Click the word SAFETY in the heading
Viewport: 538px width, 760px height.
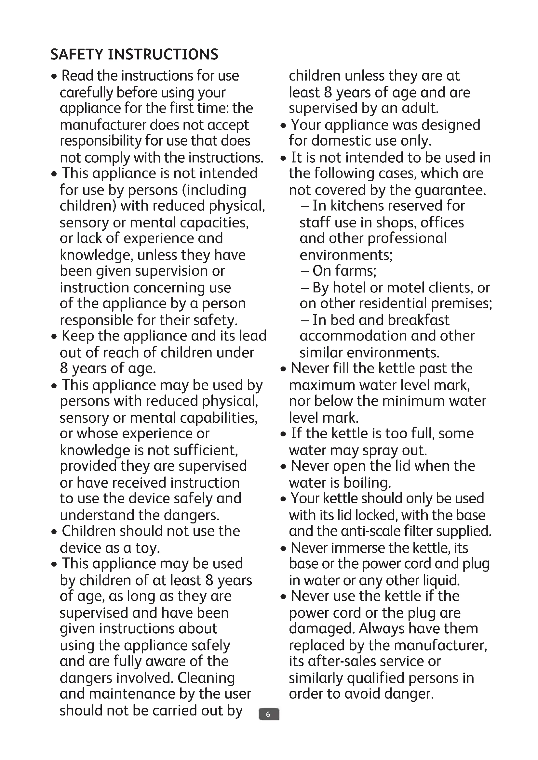[x=77, y=55]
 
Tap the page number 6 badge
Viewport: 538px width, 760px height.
[x=269, y=714]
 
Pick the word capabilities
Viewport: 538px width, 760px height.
[x=219, y=418]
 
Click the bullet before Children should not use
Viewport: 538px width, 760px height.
[x=54, y=532]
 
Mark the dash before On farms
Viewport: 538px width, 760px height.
[x=304, y=271]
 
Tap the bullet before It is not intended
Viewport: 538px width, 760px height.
[x=283, y=159]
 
